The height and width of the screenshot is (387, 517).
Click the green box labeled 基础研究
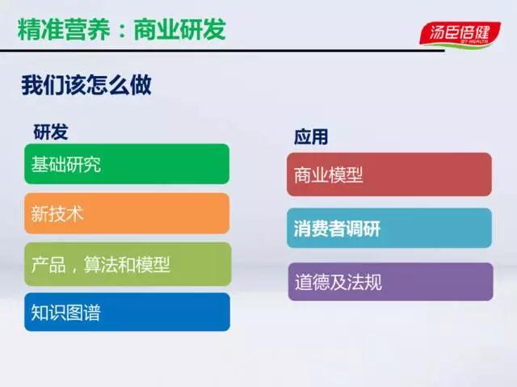coord(127,164)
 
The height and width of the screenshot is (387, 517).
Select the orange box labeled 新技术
coord(127,213)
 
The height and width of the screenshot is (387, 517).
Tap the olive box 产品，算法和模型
coord(128,264)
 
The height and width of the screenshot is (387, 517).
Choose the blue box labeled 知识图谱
coord(128,312)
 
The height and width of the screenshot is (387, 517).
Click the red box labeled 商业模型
coord(389,175)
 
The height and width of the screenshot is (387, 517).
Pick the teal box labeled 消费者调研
coord(389,228)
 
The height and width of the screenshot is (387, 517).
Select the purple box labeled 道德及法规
coord(391,281)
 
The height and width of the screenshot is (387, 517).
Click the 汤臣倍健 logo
coord(460,35)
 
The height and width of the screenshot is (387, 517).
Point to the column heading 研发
coord(50,133)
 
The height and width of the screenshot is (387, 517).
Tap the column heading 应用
coord(311,137)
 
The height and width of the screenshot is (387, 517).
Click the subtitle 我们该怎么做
coord(86,85)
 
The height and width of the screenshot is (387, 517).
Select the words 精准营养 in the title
coord(64,30)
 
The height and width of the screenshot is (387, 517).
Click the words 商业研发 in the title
coord(180,29)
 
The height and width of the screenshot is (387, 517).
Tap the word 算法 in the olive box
coord(100,264)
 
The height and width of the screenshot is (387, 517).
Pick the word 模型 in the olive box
coord(153,264)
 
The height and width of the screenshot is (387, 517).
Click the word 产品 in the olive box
coord(48,264)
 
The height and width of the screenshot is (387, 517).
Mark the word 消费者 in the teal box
coord(320,229)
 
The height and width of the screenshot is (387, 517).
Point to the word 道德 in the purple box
coord(312,282)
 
